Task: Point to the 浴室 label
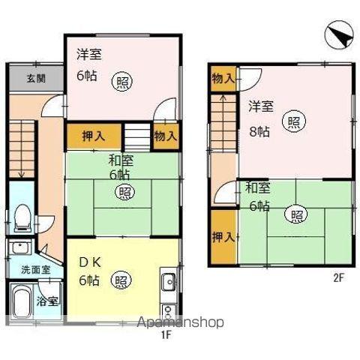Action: [x=49, y=301]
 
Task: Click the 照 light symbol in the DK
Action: [x=120, y=281]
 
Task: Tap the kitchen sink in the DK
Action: [x=168, y=283]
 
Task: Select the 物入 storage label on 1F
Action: [x=166, y=136]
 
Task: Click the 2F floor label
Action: [x=338, y=277]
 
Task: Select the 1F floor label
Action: [x=166, y=335]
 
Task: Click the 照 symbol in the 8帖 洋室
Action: [x=293, y=120]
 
